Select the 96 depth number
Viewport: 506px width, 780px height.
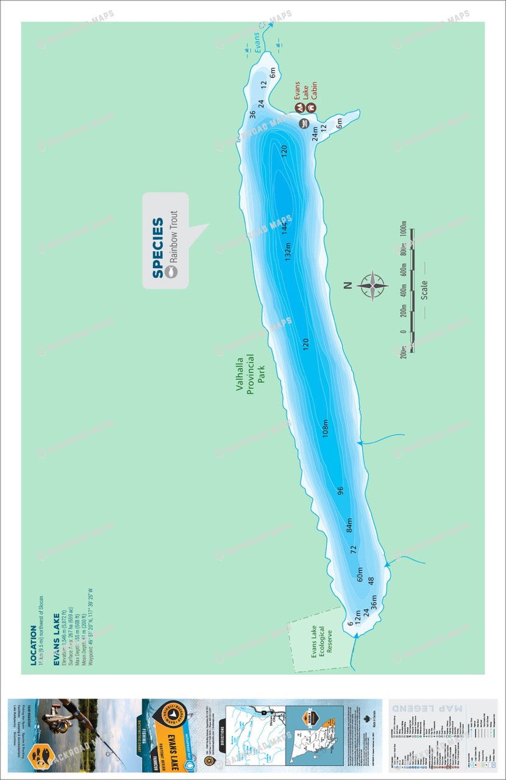tap(340, 490)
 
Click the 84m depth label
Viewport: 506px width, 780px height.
tap(349, 524)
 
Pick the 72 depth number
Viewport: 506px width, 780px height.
tap(353, 549)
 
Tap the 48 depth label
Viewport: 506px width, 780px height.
tap(370, 581)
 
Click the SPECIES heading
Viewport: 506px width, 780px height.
tap(158, 247)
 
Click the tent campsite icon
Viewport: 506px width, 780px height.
tap(299, 108)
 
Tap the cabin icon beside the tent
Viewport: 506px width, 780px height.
tap(311, 108)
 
